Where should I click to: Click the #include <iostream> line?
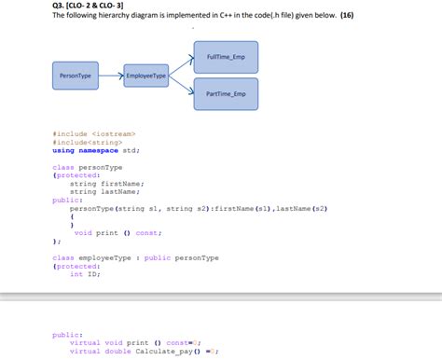click(93, 134)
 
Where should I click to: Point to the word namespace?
click(98, 150)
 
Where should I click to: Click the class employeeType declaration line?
click(135, 257)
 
